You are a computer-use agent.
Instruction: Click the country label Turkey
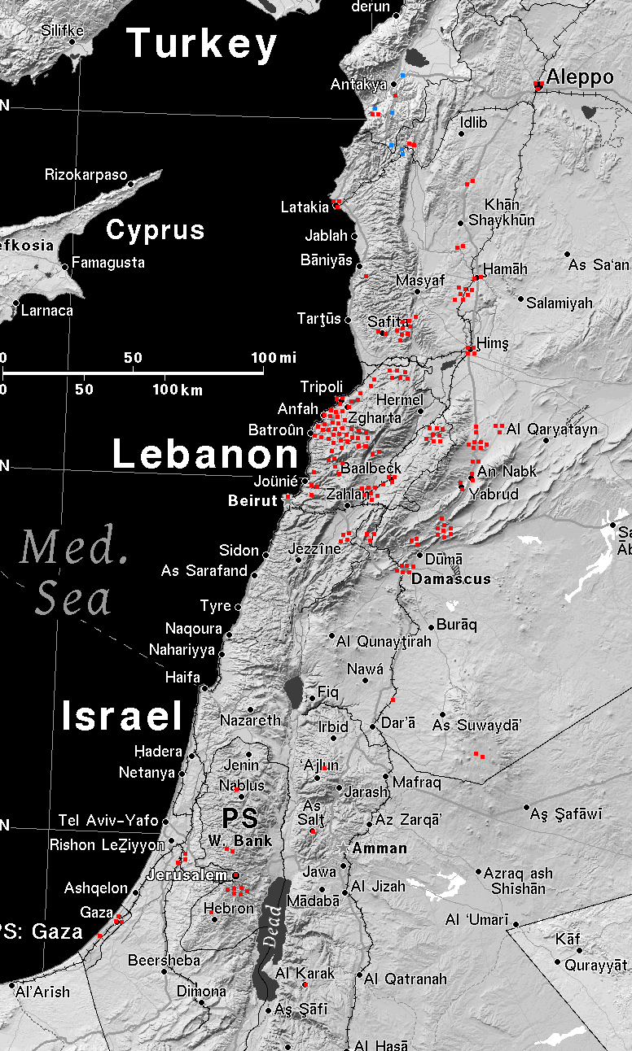point(202,44)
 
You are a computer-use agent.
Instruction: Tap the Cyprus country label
point(155,230)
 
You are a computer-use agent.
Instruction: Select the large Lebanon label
point(205,454)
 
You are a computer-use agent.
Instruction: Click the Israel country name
point(122,716)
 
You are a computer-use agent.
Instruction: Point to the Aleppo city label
point(580,78)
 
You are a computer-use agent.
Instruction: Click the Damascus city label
point(451,579)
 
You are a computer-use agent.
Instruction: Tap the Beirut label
point(253,501)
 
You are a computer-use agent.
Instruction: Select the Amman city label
point(380,848)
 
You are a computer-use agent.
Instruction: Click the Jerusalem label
point(187,876)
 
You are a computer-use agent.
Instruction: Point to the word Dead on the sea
point(273,926)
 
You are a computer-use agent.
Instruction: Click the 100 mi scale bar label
point(274,358)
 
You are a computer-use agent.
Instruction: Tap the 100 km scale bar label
point(178,390)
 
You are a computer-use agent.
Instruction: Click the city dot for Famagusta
point(65,267)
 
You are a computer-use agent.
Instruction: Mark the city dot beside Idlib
point(460,135)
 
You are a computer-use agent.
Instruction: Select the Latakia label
point(305,207)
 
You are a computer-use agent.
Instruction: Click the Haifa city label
point(182,677)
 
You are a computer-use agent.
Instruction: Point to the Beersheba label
point(164,961)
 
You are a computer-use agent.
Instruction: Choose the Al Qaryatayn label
point(551,430)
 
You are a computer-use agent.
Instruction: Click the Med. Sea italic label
point(73,573)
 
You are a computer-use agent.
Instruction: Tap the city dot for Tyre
point(238,607)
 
